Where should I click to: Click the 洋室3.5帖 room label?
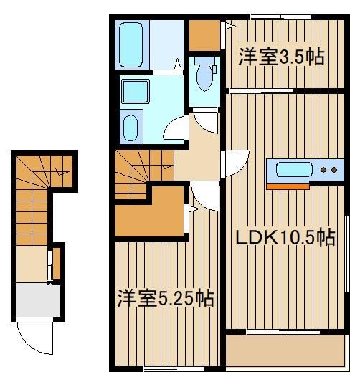click(x=281, y=57)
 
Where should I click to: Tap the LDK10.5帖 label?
click(x=285, y=238)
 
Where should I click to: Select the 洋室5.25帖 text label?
click(x=165, y=298)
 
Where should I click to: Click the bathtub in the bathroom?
click(x=131, y=44)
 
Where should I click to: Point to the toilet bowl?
click(x=204, y=77)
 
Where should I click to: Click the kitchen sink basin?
click(x=294, y=169)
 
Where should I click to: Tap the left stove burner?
click(x=323, y=170)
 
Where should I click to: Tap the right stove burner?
click(x=334, y=170)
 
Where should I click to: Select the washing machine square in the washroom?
click(x=136, y=91)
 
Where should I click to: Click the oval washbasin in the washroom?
click(x=131, y=128)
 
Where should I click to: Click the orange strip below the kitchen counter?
click(x=288, y=187)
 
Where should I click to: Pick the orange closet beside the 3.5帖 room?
click(x=204, y=35)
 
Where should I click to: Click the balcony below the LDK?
click(x=285, y=350)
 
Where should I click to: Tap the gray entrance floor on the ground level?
click(x=38, y=300)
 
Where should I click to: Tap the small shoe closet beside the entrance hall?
click(x=57, y=264)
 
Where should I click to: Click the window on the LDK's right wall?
click(x=347, y=254)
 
